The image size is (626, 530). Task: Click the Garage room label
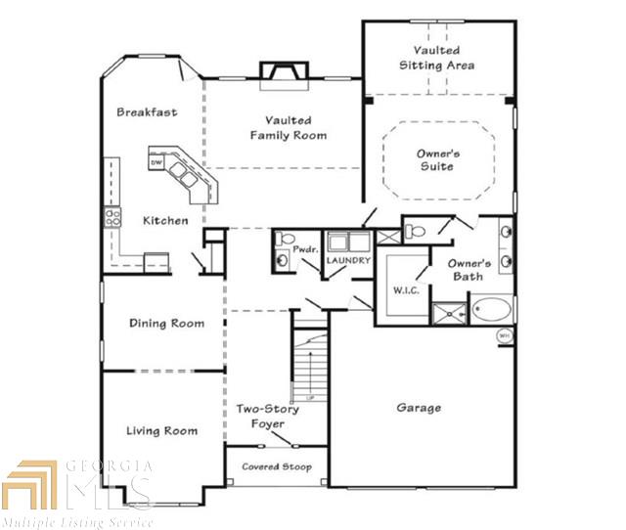click(419, 408)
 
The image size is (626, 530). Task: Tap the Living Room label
click(161, 430)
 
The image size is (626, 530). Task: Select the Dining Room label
click(166, 323)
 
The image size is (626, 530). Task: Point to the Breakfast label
click(147, 111)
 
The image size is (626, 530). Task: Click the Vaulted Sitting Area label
click(437, 58)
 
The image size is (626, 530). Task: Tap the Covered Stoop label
click(277, 466)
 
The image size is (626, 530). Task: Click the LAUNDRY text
click(348, 260)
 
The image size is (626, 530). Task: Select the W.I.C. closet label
click(406, 290)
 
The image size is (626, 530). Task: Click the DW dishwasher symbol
click(156, 162)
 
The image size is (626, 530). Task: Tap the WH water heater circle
click(505, 335)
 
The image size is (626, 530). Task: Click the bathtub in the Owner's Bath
click(491, 309)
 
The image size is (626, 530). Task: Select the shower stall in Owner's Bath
click(450, 314)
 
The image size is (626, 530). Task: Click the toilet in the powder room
click(285, 239)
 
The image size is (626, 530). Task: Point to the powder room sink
click(282, 260)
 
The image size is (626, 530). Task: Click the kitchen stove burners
click(112, 217)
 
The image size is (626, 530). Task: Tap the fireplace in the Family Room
click(285, 75)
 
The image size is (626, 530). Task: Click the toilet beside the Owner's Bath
click(415, 231)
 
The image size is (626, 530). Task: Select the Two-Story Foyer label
click(267, 417)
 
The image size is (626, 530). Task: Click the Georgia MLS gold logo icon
click(29, 484)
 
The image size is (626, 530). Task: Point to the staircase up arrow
click(310, 374)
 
